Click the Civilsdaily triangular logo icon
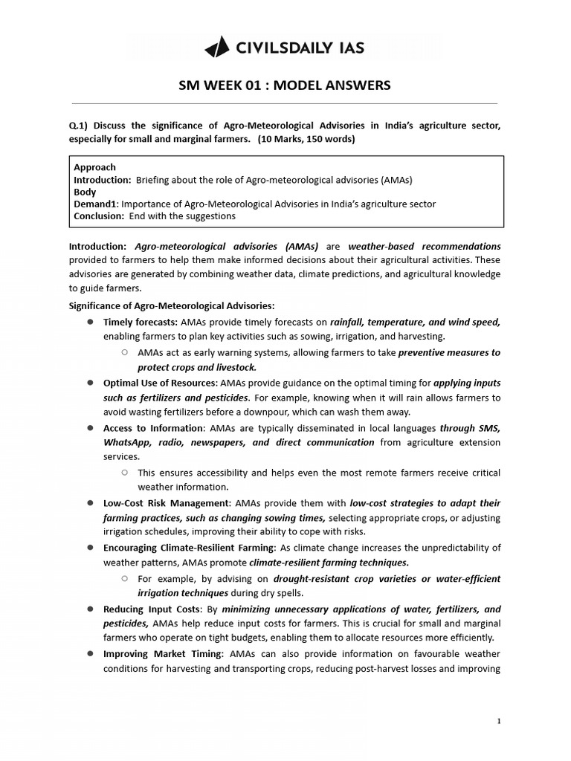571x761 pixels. coord(217,48)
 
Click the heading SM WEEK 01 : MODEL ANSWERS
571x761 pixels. coord(285,85)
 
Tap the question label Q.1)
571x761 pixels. coord(79,126)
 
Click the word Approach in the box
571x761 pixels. coord(94,168)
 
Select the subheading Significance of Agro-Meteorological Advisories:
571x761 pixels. coord(172,305)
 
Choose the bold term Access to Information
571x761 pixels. coord(153,428)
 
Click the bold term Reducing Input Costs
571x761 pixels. coord(152,609)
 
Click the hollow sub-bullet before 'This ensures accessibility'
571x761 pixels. coord(125,473)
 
